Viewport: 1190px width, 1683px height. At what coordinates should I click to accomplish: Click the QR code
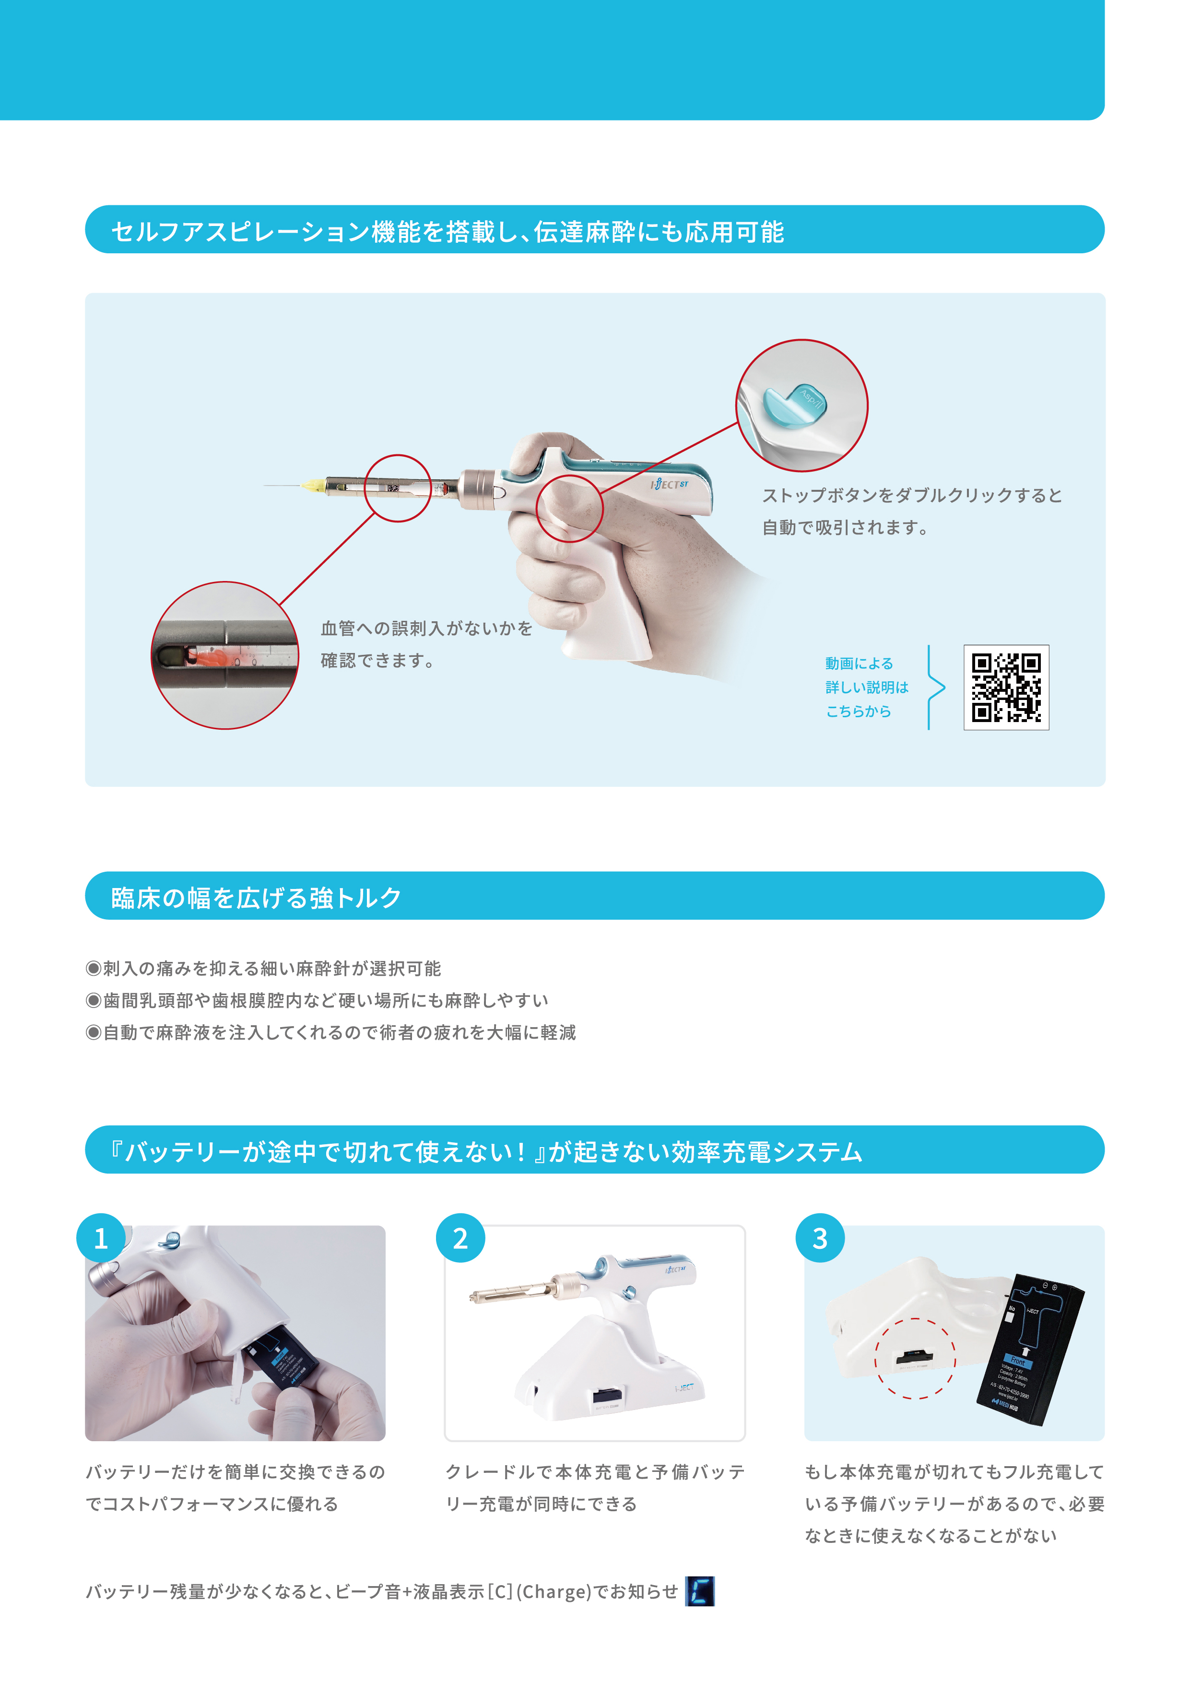click(1006, 687)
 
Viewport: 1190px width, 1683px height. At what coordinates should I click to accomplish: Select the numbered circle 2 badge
click(460, 1238)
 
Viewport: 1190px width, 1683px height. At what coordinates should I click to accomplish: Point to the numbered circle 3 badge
click(820, 1238)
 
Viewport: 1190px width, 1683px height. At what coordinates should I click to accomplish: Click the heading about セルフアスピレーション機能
click(448, 232)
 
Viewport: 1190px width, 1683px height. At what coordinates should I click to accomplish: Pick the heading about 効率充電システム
click(486, 1151)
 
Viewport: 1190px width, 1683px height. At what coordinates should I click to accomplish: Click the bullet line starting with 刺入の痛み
click(264, 968)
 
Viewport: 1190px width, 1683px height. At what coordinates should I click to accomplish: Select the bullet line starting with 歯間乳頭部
click(317, 1001)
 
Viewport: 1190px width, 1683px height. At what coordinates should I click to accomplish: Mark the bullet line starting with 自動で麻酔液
click(331, 1033)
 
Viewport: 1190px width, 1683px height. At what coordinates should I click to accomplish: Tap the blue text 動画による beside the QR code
click(859, 664)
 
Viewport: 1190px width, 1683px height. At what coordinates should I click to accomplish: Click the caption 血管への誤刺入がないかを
click(426, 628)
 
